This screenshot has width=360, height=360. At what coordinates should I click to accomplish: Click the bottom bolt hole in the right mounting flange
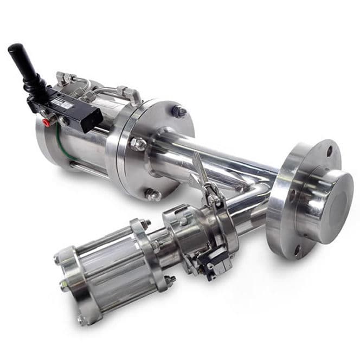coord(297,251)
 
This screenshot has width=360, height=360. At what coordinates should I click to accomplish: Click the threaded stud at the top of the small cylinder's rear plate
coord(145,223)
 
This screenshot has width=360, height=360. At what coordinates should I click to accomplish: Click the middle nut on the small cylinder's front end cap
coord(65,285)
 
